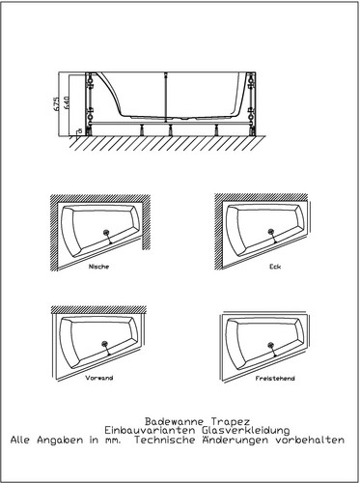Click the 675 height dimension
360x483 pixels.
[56, 103]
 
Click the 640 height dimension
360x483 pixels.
[67, 103]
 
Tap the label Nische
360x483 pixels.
[98, 267]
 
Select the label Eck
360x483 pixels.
[275, 267]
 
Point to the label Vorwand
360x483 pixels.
[99, 378]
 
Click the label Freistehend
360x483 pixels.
[275, 379]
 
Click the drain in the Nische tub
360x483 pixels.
[106, 233]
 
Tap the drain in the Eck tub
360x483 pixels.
[271, 232]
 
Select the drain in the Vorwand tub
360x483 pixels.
[104, 344]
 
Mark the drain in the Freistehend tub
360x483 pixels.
[271, 346]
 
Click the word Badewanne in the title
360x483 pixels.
[174, 421]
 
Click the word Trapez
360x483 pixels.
[231, 422]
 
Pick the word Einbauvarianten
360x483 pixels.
[150, 431]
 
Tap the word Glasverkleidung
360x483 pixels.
[246, 431]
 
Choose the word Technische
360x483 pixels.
[165, 440]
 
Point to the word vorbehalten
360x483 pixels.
[310, 440]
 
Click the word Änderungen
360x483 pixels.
[235, 440]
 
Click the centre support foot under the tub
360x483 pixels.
[170, 129]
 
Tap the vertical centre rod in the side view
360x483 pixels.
[166, 98]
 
